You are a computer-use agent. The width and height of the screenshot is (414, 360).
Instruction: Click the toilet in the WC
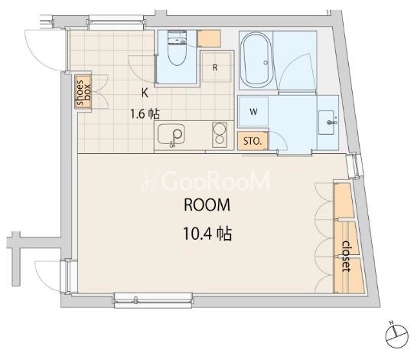pos(178,47)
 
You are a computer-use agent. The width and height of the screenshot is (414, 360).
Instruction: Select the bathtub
pos(256,61)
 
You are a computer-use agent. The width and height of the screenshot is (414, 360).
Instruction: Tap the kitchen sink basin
pos(171,134)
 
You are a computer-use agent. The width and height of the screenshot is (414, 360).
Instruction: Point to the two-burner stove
pos(220,135)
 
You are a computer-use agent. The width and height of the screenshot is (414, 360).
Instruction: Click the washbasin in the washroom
pos(328,123)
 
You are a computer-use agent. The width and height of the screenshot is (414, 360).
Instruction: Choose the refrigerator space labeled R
pos(217,67)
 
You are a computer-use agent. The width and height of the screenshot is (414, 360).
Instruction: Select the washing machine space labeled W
pos(253,112)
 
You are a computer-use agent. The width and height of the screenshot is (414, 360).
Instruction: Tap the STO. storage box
pos(253,141)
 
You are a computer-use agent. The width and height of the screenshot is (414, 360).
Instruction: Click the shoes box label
pos(83,93)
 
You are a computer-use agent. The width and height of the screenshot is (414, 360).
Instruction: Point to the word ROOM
pos(207,205)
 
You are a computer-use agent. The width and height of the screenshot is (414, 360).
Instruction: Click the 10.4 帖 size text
pos(207,234)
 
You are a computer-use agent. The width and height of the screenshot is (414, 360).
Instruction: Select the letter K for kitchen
pos(145,93)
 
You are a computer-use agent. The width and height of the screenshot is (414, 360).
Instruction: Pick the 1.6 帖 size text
pos(145,114)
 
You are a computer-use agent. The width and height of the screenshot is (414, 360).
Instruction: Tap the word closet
pos(346,256)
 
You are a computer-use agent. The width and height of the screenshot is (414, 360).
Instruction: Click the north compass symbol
pos(397,335)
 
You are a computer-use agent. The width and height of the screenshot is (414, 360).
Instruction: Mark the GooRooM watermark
pos(206,181)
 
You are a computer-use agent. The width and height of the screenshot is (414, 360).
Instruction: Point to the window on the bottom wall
pos(153,300)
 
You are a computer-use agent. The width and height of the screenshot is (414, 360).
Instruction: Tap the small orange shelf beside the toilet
pos(209,38)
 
